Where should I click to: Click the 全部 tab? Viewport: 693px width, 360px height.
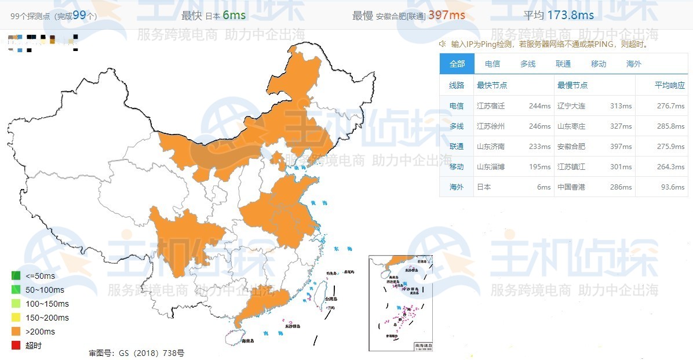click(x=457, y=64)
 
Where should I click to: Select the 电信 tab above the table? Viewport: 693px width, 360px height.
click(x=493, y=64)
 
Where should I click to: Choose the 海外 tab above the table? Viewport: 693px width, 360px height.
click(x=634, y=64)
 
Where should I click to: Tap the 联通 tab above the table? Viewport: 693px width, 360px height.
click(x=563, y=64)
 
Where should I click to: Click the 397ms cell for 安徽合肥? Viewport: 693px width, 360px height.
click(x=621, y=147)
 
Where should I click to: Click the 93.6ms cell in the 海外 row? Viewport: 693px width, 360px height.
click(x=672, y=187)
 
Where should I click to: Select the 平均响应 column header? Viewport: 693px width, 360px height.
click(x=670, y=85)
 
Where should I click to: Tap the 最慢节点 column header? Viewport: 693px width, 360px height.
click(x=572, y=85)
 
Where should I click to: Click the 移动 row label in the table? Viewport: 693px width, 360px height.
click(x=457, y=167)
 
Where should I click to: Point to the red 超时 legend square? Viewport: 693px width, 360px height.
click(x=16, y=346)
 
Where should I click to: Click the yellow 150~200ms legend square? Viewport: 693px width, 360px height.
click(x=16, y=318)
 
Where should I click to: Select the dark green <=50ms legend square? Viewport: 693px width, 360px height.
click(x=16, y=276)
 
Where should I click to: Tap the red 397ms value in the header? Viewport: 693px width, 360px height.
click(x=446, y=15)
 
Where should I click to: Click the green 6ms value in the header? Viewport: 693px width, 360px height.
click(x=235, y=15)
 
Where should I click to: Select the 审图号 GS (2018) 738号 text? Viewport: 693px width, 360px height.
click(x=136, y=352)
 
